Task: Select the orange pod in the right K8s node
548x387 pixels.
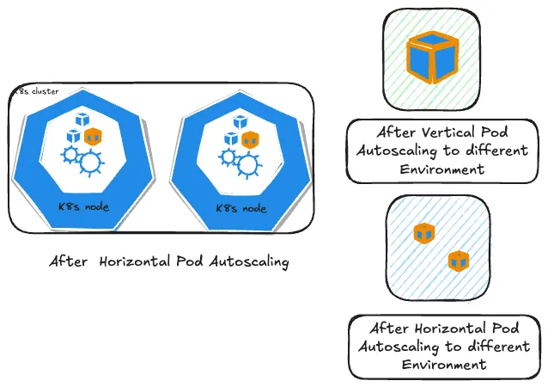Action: (x=249, y=139)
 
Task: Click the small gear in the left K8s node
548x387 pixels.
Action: (x=68, y=154)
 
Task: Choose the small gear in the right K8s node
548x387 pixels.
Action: (x=228, y=157)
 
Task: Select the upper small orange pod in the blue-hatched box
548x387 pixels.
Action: (x=422, y=232)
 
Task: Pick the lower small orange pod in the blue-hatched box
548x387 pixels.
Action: (x=457, y=261)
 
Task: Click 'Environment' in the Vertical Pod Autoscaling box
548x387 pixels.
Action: (x=443, y=169)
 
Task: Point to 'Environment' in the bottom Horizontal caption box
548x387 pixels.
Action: (x=443, y=365)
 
